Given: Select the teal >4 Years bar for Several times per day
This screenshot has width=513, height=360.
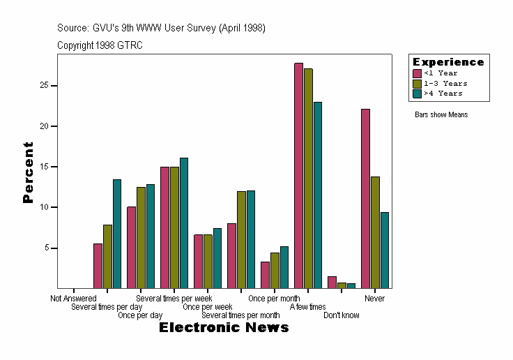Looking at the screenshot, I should [x=117, y=234].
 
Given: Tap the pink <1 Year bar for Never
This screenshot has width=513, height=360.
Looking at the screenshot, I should [x=365, y=199].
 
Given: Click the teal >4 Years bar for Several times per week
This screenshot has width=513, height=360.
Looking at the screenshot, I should [x=184, y=223].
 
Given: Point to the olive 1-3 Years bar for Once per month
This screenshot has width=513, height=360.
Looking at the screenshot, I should [x=275, y=271].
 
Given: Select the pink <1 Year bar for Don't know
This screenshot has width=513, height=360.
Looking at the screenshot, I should [x=332, y=283].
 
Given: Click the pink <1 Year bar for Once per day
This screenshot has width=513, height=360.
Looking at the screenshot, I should [x=131, y=248].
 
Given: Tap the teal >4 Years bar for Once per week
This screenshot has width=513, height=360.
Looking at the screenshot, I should [x=217, y=258].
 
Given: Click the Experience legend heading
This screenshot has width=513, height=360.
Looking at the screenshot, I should [x=448, y=62].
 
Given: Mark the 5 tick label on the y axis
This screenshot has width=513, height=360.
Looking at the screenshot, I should [x=45, y=248].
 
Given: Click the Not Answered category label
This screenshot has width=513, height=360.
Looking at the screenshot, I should [x=73, y=299].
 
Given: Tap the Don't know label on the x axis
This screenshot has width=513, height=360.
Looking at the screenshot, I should [x=342, y=315].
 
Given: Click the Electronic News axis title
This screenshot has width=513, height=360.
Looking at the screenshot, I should [x=224, y=328].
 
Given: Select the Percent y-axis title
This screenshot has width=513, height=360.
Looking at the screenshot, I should [x=28, y=172].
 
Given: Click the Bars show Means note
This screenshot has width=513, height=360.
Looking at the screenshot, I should [x=441, y=114].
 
